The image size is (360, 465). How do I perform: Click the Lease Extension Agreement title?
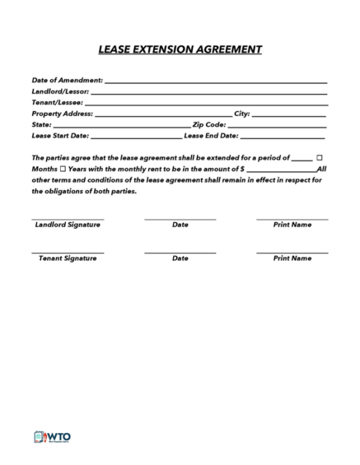tap(180, 49)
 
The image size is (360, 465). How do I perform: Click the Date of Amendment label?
tap(68, 81)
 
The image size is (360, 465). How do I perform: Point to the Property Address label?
tap(63, 114)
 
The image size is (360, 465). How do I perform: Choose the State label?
tap(42, 124)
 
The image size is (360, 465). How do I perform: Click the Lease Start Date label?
tap(60, 135)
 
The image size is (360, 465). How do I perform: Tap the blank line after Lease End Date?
tap(283, 136)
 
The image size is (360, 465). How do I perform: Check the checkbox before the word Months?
tap(320, 156)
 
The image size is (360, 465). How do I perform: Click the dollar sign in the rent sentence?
tap(242, 168)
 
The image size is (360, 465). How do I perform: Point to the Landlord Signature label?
tap(68, 224)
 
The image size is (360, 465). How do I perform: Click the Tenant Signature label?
tap(68, 258)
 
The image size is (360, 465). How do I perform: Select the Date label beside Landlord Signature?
tap(180, 224)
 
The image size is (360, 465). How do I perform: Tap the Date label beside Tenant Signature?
tap(180, 258)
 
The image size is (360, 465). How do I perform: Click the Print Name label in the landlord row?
tap(292, 224)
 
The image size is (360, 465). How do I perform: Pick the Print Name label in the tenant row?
tap(292, 258)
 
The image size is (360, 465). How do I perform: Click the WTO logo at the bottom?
tap(52, 437)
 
